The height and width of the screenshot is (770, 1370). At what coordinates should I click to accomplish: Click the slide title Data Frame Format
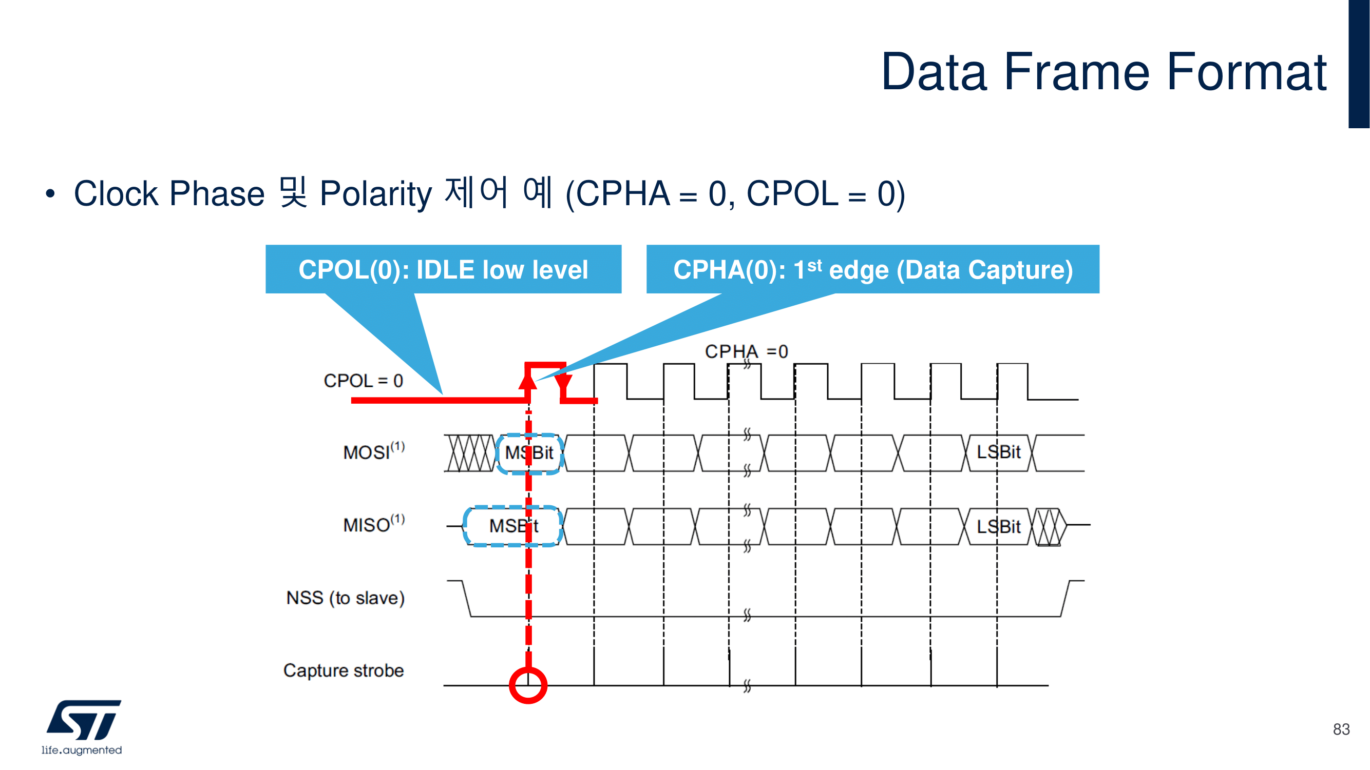click(x=1103, y=72)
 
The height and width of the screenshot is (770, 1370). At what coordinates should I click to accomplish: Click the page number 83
click(x=1341, y=729)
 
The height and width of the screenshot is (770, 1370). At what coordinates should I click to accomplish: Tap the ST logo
click(x=84, y=720)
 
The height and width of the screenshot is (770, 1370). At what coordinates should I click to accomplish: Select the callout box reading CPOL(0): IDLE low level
click(x=443, y=269)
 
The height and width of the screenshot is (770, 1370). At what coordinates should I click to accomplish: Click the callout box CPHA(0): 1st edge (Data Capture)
click(x=872, y=269)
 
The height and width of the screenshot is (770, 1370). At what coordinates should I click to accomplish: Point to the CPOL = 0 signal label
click(x=363, y=381)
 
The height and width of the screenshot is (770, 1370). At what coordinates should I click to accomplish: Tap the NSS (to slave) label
click(x=345, y=598)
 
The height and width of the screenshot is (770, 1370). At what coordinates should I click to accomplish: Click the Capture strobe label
click(x=344, y=670)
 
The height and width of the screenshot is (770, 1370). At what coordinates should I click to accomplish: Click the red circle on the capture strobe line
click(x=528, y=685)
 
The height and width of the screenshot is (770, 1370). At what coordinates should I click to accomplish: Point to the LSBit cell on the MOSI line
click(x=998, y=452)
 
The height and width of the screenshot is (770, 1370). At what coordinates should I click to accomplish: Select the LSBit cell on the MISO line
click(x=998, y=527)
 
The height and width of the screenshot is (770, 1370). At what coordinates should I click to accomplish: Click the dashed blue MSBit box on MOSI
click(x=530, y=453)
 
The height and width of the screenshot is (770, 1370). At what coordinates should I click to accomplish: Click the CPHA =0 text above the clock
click(x=746, y=351)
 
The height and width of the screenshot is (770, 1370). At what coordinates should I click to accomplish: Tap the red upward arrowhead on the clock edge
click(x=527, y=381)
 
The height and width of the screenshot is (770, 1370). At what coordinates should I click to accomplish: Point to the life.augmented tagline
click(x=82, y=750)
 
